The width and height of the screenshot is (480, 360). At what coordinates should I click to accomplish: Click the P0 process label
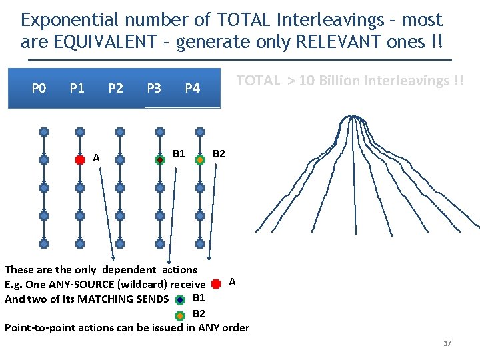click(x=39, y=88)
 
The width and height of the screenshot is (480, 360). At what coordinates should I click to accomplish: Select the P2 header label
click(x=115, y=88)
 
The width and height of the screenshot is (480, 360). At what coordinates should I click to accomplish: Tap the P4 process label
click(x=192, y=88)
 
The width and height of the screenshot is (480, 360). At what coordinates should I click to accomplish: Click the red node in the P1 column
click(x=80, y=160)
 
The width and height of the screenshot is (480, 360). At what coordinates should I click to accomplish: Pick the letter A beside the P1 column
click(x=97, y=158)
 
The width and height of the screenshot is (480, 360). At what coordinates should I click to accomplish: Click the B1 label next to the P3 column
click(x=179, y=154)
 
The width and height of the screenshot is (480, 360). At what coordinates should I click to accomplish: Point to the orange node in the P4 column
click(x=199, y=160)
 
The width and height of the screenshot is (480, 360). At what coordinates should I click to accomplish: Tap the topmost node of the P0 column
click(x=43, y=132)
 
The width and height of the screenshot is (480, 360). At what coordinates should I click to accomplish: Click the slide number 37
click(x=447, y=343)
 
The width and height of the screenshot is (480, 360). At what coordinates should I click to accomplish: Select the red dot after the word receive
click(x=216, y=284)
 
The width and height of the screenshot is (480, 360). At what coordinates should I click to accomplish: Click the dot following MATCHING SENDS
click(x=180, y=300)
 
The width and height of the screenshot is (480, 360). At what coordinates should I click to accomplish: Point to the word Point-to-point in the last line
click(x=37, y=327)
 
